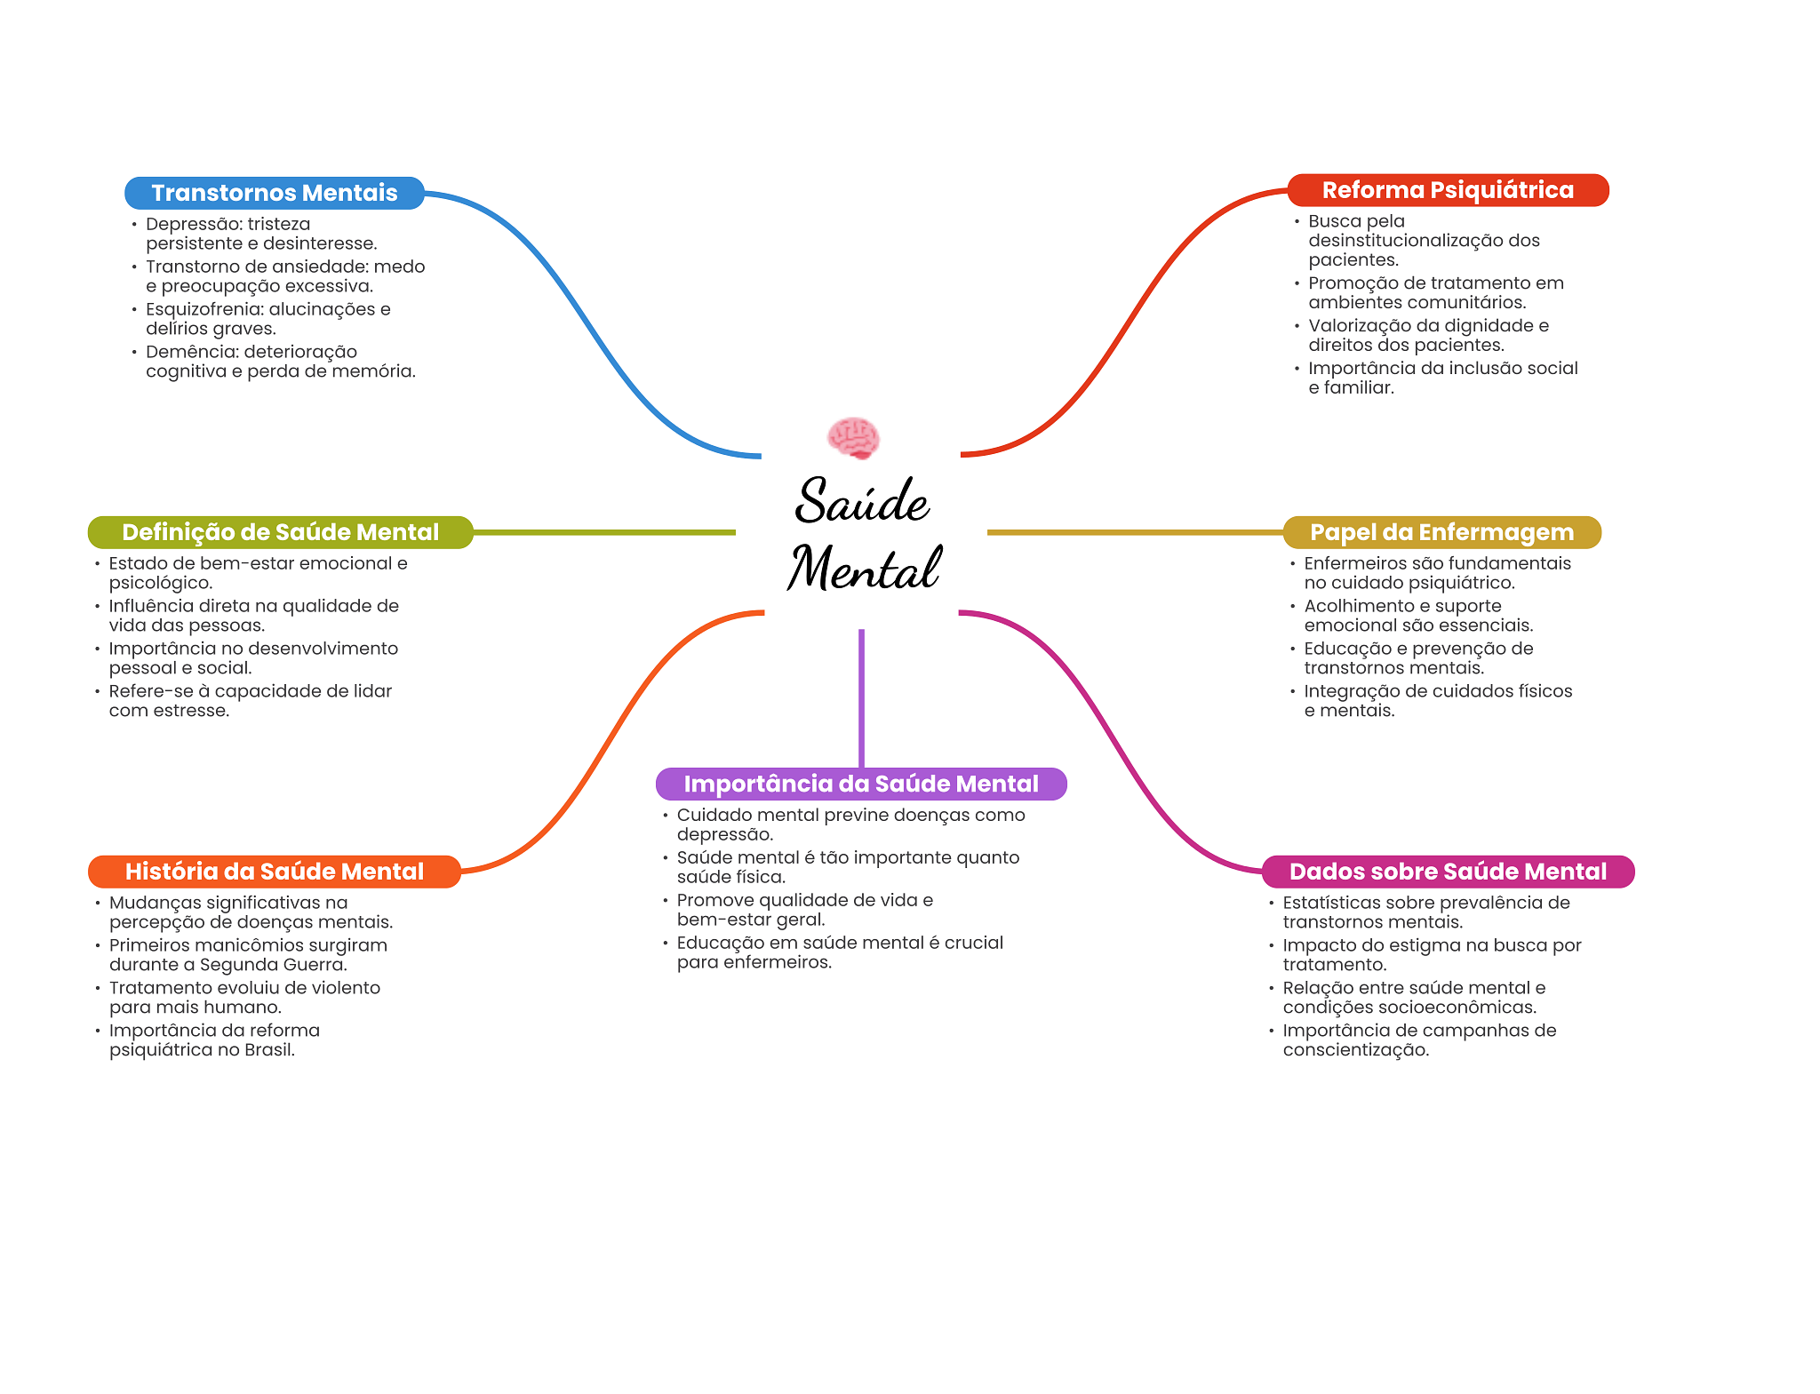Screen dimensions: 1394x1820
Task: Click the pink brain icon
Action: coord(853,438)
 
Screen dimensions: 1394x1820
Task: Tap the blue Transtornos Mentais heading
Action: coord(274,193)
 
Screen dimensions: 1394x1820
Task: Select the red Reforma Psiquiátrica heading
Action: coord(1448,190)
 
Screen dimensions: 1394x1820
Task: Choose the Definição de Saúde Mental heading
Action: coord(280,532)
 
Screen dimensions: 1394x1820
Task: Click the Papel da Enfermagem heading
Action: coord(1441,532)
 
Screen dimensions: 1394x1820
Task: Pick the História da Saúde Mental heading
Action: coord(274,872)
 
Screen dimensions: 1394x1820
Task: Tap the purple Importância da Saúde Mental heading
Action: coord(860,784)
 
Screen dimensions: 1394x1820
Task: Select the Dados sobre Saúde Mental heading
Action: coord(1448,872)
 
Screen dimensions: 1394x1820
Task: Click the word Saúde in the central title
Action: coord(862,501)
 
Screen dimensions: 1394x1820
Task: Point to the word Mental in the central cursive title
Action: coord(864,569)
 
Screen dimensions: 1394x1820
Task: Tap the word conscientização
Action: coord(1355,1050)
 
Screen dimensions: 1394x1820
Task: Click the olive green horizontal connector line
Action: coord(604,532)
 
